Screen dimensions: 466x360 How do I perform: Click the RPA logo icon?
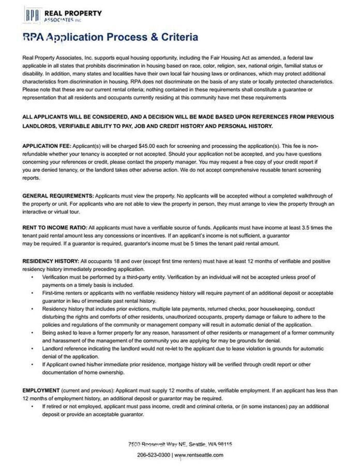pos(33,14)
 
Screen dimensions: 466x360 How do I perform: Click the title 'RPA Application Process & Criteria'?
pos(110,37)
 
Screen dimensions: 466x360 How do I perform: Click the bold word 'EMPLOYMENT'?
pos(41,390)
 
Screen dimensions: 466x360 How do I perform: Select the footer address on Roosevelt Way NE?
pos(180,444)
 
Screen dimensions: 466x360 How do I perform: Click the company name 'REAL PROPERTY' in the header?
pos(73,13)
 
